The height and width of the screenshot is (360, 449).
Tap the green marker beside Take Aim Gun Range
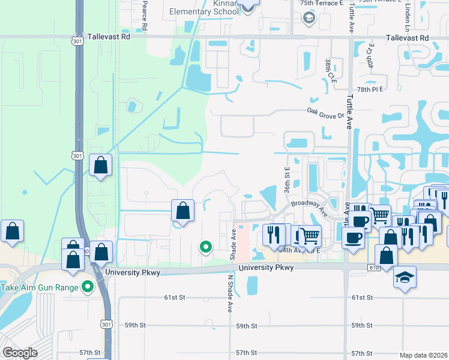click(88, 287)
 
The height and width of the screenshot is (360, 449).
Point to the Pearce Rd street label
click(145, 16)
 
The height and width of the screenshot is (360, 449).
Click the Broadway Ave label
click(310, 208)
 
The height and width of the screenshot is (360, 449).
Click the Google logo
click(20, 352)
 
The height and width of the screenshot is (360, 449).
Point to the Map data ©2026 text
click(424, 355)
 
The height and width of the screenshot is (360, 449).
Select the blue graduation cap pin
click(405, 277)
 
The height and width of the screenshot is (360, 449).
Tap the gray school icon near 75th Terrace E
click(309, 18)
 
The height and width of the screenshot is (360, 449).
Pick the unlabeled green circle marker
click(206, 246)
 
